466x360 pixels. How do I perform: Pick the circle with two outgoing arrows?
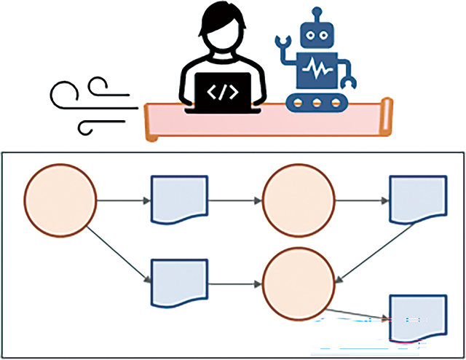(x=60, y=199)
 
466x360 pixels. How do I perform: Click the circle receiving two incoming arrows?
(x=299, y=283)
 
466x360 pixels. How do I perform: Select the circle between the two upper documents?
(x=299, y=199)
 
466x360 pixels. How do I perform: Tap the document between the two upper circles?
(x=179, y=199)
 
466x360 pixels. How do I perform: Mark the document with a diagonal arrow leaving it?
(x=418, y=199)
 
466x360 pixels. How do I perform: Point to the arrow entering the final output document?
(x=357, y=316)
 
